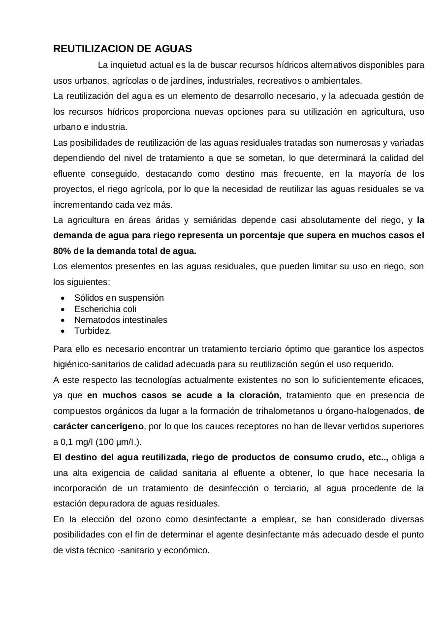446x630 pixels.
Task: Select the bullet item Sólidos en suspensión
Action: (x=119, y=298)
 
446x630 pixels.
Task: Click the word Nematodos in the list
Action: (x=94, y=320)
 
